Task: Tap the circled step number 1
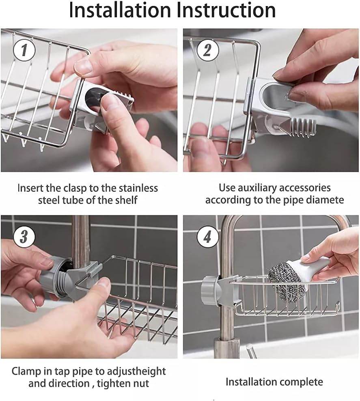[24, 51]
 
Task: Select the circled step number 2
[207, 51]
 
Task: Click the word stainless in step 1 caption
[138, 188]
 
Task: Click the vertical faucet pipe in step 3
[81, 239]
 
